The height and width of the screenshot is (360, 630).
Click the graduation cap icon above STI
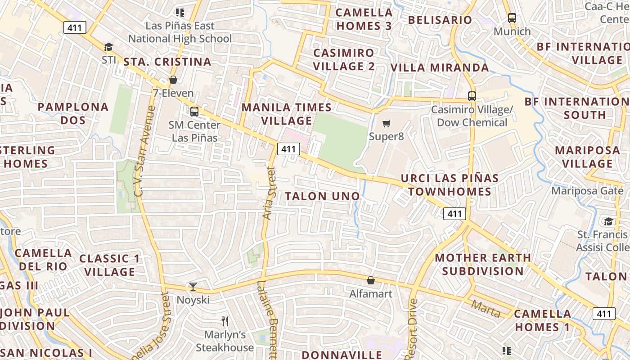tap(108, 47)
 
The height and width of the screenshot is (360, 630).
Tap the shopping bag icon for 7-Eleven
tap(173, 80)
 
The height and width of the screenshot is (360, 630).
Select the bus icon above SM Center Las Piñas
tap(194, 111)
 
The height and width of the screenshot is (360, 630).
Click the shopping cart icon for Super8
tap(386, 123)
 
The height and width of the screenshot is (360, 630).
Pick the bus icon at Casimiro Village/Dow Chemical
tap(472, 96)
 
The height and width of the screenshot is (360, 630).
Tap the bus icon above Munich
tap(512, 18)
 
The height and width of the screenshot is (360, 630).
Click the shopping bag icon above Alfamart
tap(371, 281)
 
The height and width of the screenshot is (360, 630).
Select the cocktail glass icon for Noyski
tap(193, 287)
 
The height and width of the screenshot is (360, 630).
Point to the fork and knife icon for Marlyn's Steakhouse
tap(225, 321)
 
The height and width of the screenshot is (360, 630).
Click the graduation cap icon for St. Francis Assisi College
tap(608, 221)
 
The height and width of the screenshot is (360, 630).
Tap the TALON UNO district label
tap(323, 196)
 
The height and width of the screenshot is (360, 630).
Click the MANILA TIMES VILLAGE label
tap(287, 114)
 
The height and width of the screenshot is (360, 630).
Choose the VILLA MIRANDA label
tap(439, 67)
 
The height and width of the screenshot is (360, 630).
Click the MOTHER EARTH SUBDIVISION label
tap(483, 265)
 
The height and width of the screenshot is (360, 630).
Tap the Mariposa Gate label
tap(588, 191)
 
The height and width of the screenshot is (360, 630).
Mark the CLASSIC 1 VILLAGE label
tap(110, 265)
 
